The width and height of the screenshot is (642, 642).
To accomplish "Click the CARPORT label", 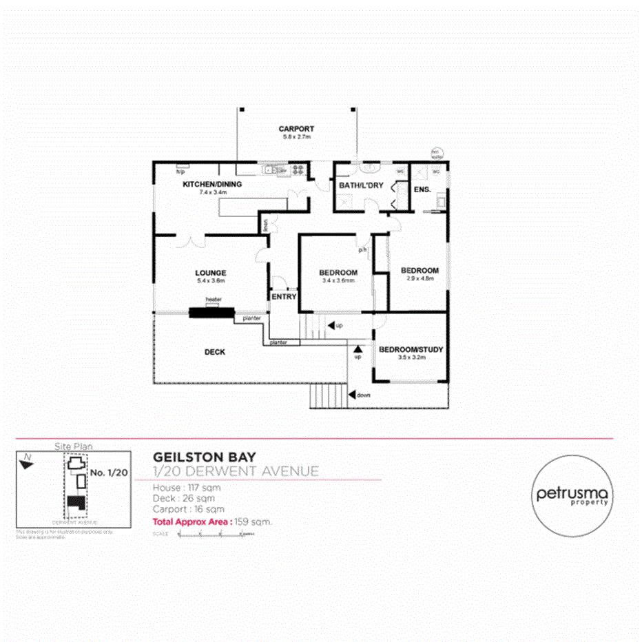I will (296, 129).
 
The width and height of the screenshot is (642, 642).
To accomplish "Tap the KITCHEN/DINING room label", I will (211, 185).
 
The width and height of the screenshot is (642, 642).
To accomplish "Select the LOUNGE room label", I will (211, 273).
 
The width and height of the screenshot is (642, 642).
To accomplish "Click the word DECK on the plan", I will (214, 352).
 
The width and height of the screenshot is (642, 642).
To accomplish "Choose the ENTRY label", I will (284, 297).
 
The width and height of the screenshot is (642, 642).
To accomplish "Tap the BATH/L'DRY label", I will (361, 185).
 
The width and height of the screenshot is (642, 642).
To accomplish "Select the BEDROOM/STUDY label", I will (411, 349).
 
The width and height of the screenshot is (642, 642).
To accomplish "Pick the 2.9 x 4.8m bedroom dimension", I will (420, 279).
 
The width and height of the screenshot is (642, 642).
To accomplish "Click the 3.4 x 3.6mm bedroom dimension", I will (338, 281).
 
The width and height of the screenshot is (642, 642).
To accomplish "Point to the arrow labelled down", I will (352, 395).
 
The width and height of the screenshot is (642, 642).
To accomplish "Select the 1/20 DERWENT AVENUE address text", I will (236, 471).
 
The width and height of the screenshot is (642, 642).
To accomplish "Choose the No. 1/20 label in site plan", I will (107, 473).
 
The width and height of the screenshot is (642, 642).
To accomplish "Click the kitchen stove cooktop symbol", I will (298, 169).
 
